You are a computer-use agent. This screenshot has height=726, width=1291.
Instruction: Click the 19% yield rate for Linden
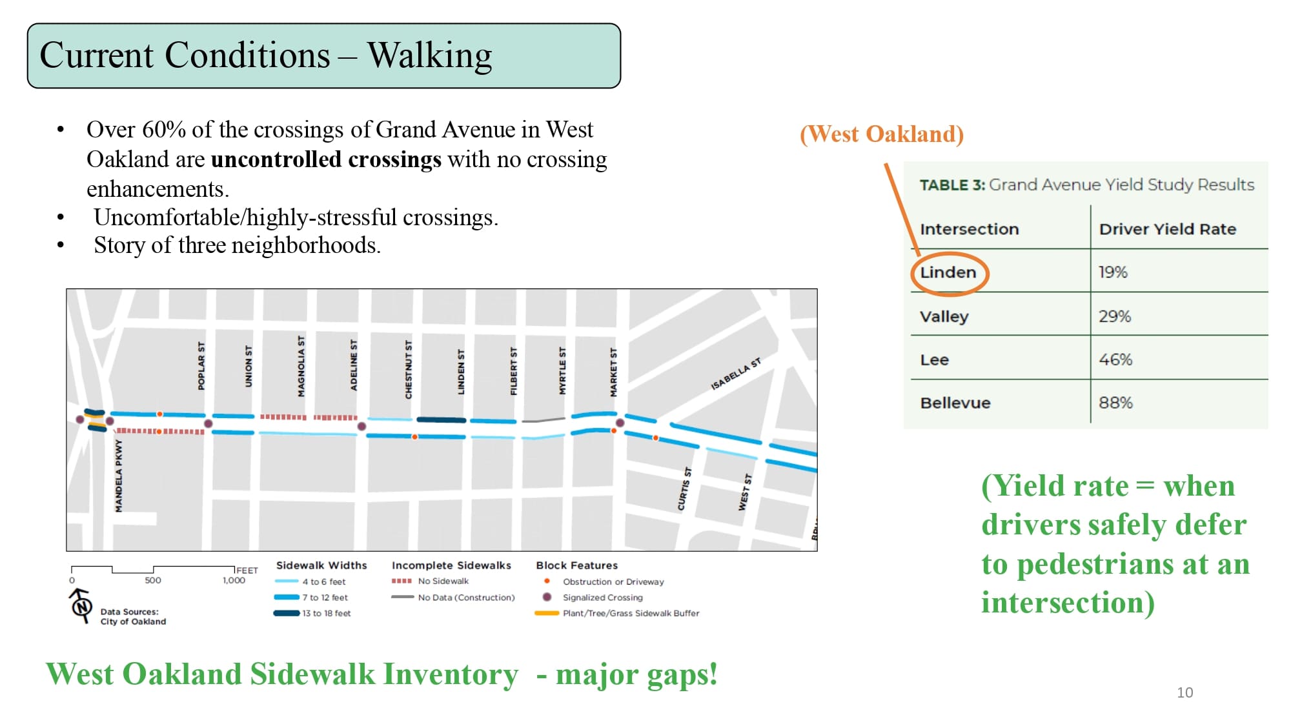point(1113,272)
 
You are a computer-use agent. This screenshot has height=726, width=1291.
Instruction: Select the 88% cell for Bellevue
point(1115,403)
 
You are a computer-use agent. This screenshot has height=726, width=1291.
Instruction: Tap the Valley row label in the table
point(944,316)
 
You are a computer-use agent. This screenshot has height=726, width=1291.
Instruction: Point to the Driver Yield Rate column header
point(1167,229)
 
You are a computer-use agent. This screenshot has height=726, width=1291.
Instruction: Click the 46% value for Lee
point(1115,359)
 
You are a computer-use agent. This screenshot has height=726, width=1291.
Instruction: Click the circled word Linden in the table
point(948,272)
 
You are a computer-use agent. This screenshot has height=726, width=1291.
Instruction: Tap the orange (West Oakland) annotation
point(881,134)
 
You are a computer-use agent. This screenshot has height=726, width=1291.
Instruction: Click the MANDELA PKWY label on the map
point(119,476)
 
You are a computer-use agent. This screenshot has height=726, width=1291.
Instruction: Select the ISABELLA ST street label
point(735,374)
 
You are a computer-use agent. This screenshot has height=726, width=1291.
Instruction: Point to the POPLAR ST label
point(201,366)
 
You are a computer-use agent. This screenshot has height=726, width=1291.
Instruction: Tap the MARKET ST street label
point(613,372)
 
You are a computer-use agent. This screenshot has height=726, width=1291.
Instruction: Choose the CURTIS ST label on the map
point(684,489)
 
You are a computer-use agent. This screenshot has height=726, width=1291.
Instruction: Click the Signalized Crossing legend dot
point(547,597)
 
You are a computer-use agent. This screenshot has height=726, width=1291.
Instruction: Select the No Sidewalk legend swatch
point(402,581)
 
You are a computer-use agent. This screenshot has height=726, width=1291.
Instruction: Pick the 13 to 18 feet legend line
point(286,613)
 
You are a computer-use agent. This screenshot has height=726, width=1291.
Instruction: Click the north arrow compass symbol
point(81,606)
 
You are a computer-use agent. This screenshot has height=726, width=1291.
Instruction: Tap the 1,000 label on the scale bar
point(234,580)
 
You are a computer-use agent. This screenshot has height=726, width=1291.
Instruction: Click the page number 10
point(1184,692)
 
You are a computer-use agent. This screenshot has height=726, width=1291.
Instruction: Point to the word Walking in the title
point(429,55)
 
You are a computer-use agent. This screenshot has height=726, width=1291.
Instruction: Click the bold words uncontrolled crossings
point(326,159)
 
